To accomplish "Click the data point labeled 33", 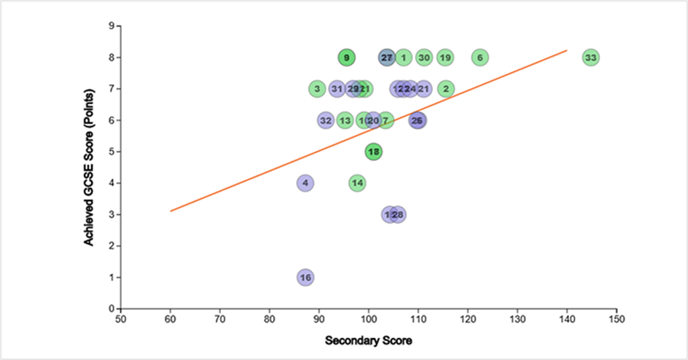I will point(590,58).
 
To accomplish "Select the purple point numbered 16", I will point(305,278).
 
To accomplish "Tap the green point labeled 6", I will point(479,58).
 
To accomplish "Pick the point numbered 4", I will point(305,183).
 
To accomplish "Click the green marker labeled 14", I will point(357,183).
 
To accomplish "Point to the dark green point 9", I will point(346,58).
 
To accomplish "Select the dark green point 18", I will point(374,152).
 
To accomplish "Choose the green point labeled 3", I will point(316,89).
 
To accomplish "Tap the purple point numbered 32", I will point(326,120).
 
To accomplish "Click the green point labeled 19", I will point(445,58).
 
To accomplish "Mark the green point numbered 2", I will point(446,89).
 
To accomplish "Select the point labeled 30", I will point(424,58).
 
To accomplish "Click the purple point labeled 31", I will point(337,89).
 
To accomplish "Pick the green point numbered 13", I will point(345,120).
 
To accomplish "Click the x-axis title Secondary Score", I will point(369,340).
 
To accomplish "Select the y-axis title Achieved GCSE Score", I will point(89,168).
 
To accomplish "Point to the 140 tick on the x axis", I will point(567,319).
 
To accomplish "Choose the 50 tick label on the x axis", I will point(120,319).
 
